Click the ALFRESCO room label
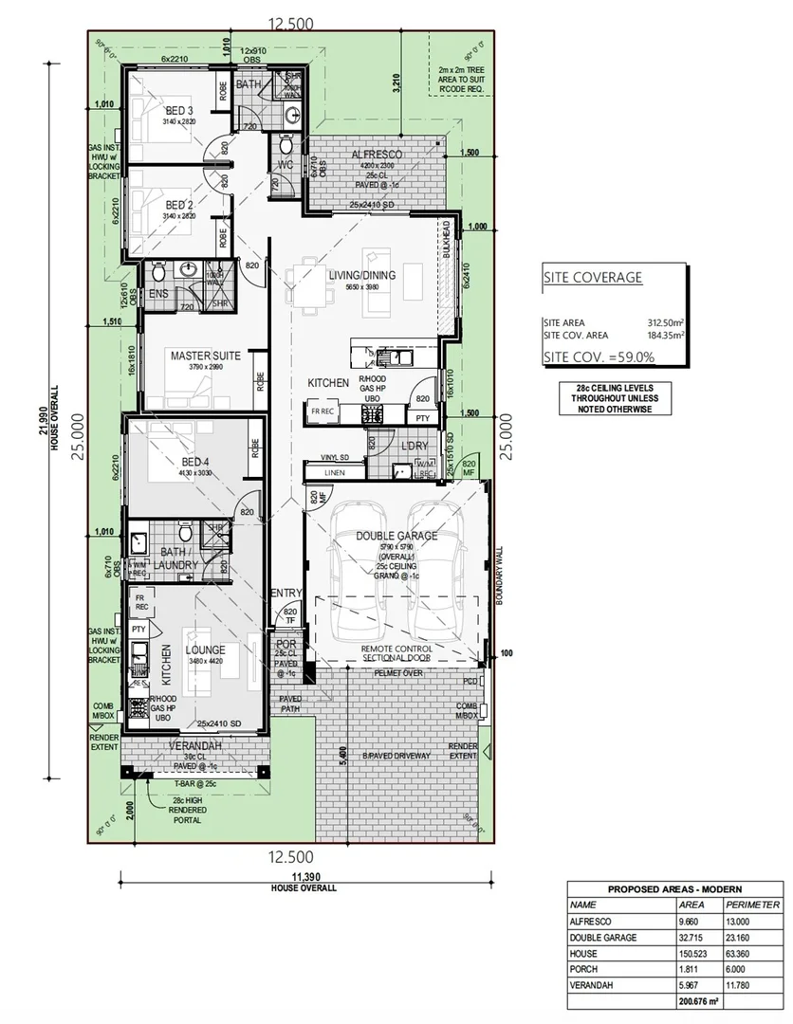[x=377, y=154]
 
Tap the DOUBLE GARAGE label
[x=396, y=536]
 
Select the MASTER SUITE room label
[x=205, y=356]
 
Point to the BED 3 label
[x=178, y=111]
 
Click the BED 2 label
[x=178, y=205]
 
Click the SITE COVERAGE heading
[x=592, y=278]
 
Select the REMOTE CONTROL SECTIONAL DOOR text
[x=396, y=654]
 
